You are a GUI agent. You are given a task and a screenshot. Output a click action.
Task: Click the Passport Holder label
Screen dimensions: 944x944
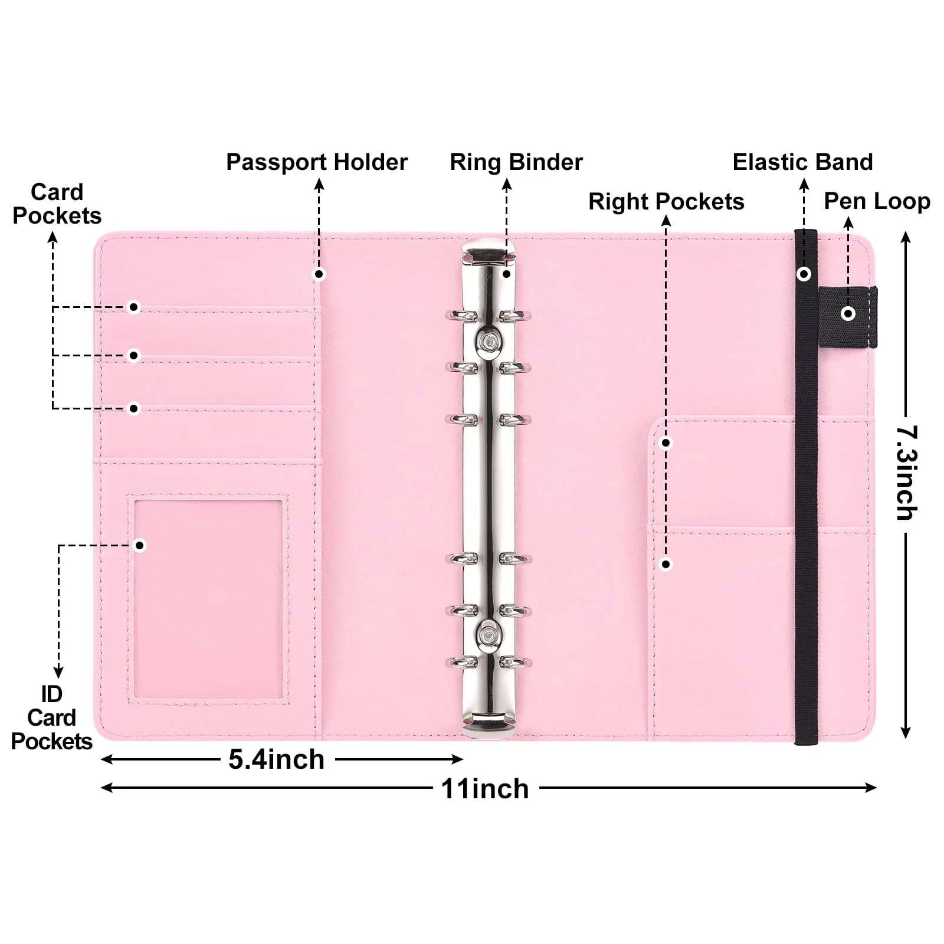tap(317, 162)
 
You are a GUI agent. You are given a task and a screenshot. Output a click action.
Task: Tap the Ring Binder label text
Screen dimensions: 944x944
tap(516, 162)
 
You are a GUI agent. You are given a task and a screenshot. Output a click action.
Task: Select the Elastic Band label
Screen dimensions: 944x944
tap(802, 162)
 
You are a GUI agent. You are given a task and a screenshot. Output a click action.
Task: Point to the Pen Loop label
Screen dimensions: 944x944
tap(877, 201)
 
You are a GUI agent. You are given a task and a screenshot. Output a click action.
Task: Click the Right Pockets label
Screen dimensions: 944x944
tap(666, 202)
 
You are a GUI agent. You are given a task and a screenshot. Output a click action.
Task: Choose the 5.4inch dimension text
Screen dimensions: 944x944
tap(277, 759)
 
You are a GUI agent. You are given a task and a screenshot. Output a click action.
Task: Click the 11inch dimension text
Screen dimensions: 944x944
tap(485, 789)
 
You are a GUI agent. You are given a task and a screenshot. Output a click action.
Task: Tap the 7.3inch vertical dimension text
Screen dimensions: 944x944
tap(907, 472)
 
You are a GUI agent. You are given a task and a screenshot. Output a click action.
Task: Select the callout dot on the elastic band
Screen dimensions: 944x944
tap(804, 274)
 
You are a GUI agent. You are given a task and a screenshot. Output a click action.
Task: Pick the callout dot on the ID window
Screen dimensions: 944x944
tap(140, 545)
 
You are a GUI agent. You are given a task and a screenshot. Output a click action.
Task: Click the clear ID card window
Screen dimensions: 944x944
tap(208, 599)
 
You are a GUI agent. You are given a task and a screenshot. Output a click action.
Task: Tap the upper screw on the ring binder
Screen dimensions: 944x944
tap(488, 340)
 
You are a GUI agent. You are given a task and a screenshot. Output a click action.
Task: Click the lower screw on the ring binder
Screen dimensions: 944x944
tap(488, 635)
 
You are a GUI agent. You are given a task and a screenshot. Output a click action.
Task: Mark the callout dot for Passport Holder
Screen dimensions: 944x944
tap(319, 274)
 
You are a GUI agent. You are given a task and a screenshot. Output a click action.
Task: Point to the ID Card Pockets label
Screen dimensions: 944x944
tap(51, 717)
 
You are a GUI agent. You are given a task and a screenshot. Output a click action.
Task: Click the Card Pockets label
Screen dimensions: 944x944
tap(57, 204)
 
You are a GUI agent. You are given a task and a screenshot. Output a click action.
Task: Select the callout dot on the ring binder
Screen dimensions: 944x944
tap(506, 274)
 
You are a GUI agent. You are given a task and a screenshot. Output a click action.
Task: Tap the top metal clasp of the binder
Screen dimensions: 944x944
tap(488, 251)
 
